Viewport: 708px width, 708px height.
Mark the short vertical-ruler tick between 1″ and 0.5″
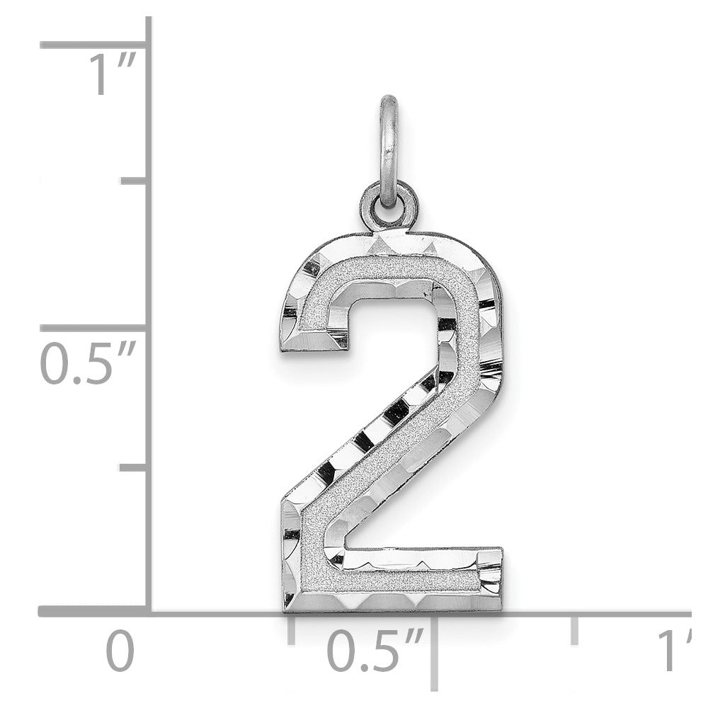click(135, 182)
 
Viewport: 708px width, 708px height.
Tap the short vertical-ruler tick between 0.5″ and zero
click(135, 467)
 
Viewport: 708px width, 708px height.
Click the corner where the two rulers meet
click(149, 611)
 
